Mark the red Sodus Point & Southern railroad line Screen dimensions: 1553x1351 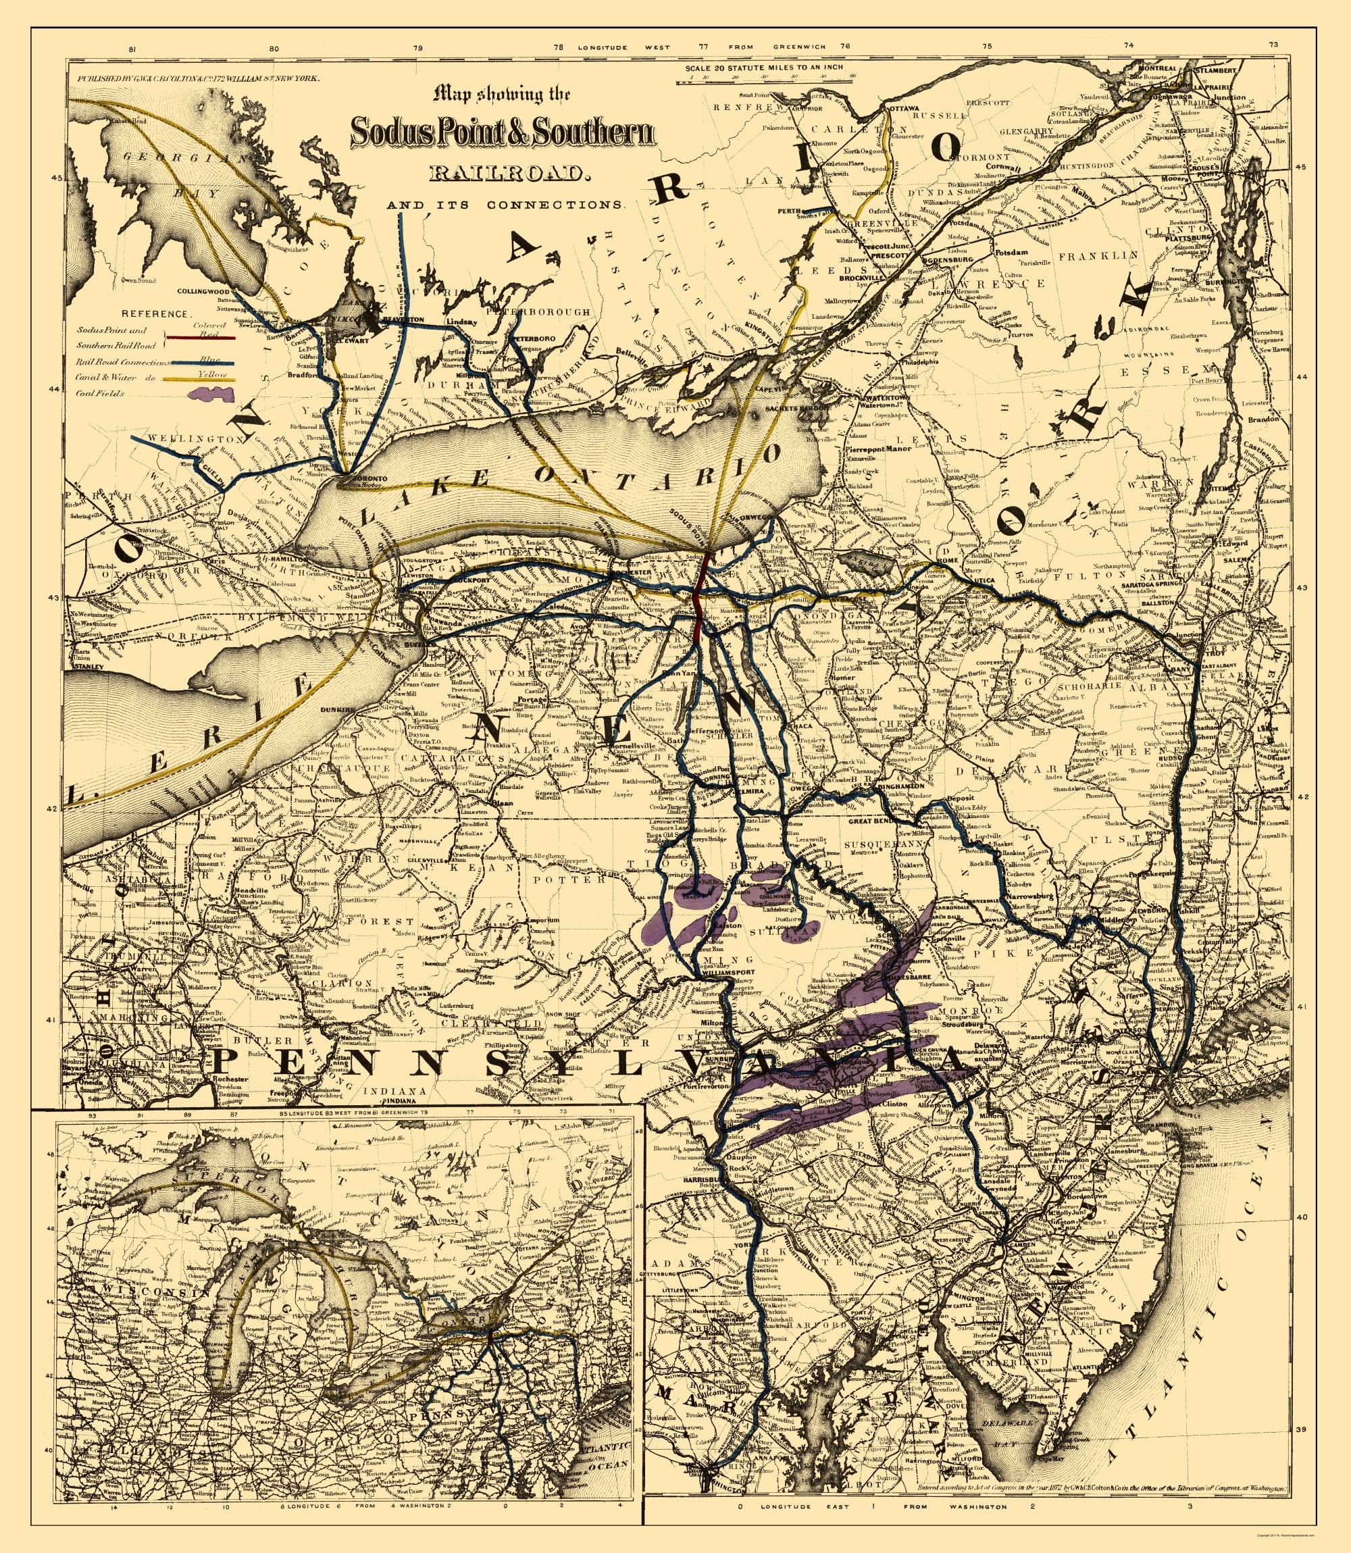pos(700,596)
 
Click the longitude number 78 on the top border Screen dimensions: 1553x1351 pos(558,47)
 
